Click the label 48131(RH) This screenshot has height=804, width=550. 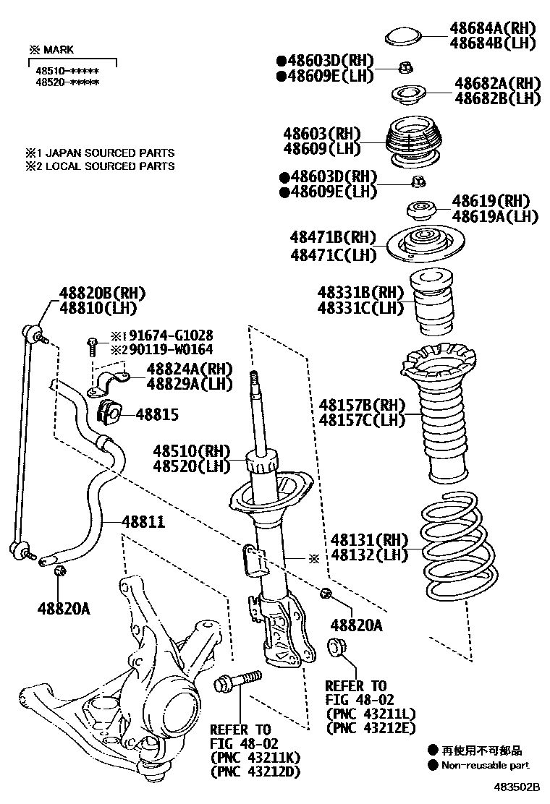point(369,540)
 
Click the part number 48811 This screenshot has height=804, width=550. point(143,521)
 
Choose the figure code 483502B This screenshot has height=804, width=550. point(518,785)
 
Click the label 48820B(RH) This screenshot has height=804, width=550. point(91,293)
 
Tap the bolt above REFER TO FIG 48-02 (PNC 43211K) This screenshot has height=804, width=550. point(237,681)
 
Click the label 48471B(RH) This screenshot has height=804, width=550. point(334,238)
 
